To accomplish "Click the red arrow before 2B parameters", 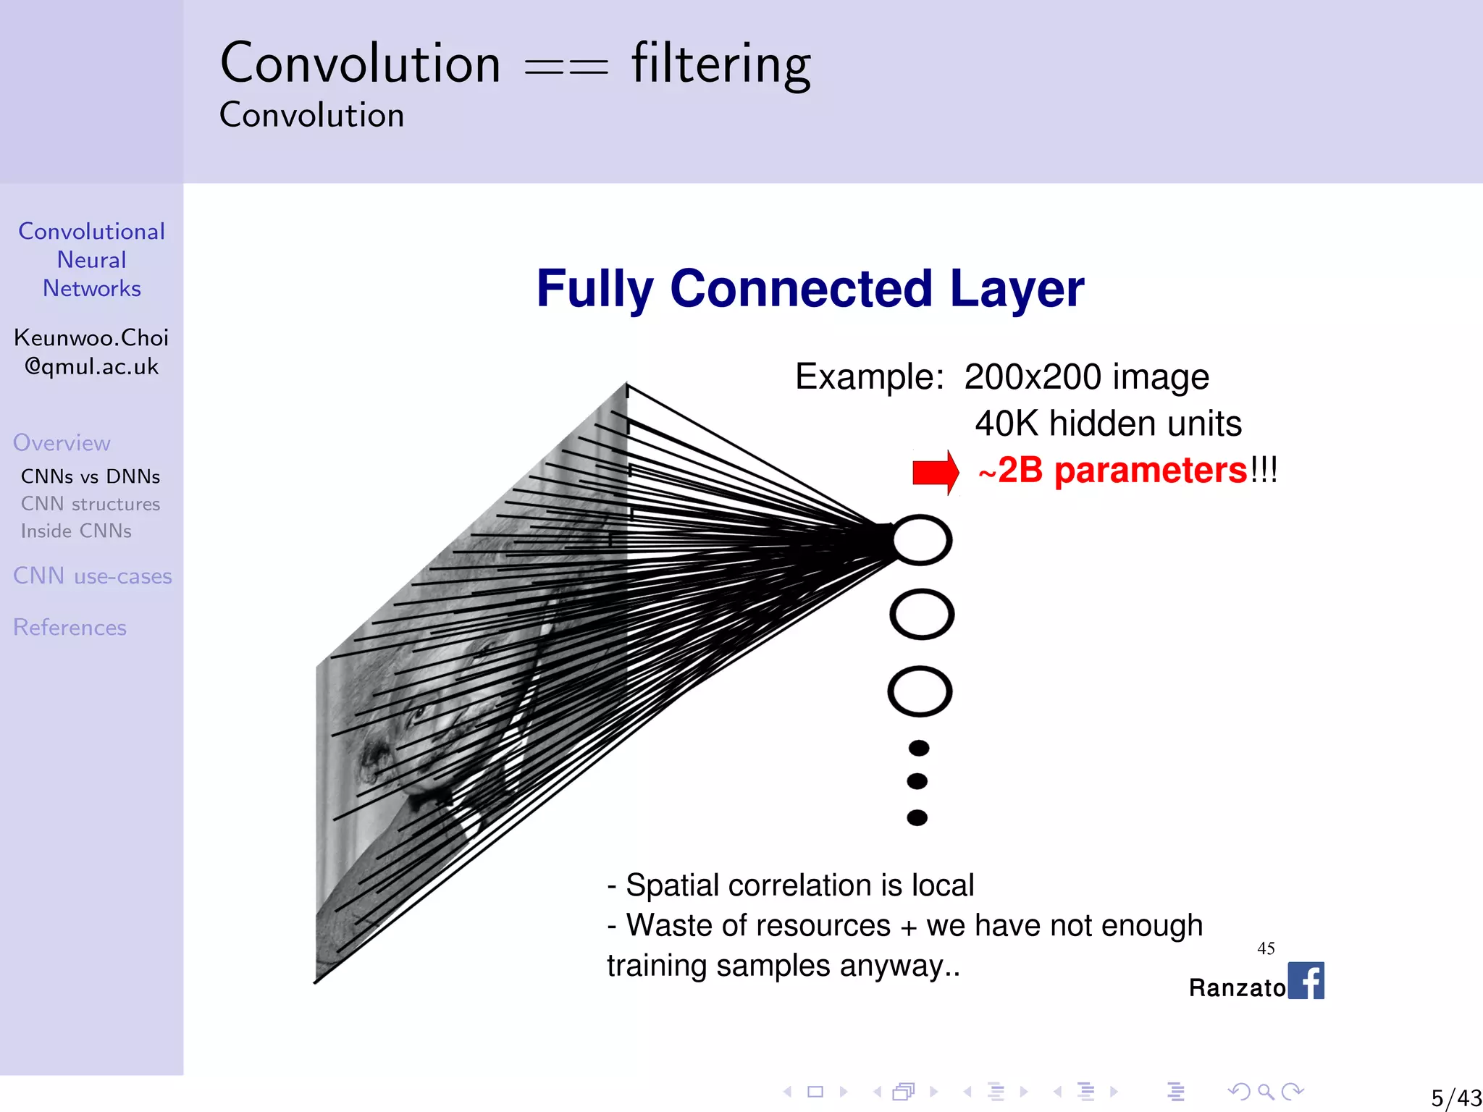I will (935, 472).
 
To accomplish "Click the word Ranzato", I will (1236, 987).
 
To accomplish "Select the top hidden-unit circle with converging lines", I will (921, 540).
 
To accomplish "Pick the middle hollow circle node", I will (921, 615).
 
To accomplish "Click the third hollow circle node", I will (920, 691).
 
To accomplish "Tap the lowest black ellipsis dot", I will (917, 817).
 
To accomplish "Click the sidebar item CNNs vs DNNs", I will (91, 476).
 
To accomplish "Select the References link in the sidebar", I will (70, 627).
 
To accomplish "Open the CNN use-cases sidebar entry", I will (93, 576).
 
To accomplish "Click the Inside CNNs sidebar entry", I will (76, 531).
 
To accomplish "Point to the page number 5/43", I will (1455, 1098).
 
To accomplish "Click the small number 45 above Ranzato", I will (1266, 948).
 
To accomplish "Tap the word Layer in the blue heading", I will (1017, 289).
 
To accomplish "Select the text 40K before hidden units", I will (1007, 424).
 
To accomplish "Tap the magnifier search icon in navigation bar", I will (1266, 1091).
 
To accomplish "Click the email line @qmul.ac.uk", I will (91, 366).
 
